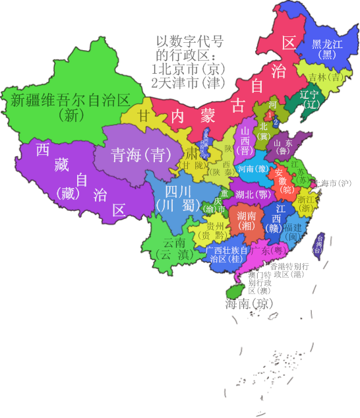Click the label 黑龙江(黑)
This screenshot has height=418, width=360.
coord(327,49)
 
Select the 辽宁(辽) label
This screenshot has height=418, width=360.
coord(309,99)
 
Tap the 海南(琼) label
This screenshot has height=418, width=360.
coord(249,304)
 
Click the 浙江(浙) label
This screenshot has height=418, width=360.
coord(306,203)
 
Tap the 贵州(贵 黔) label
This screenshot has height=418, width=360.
coord(216,230)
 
